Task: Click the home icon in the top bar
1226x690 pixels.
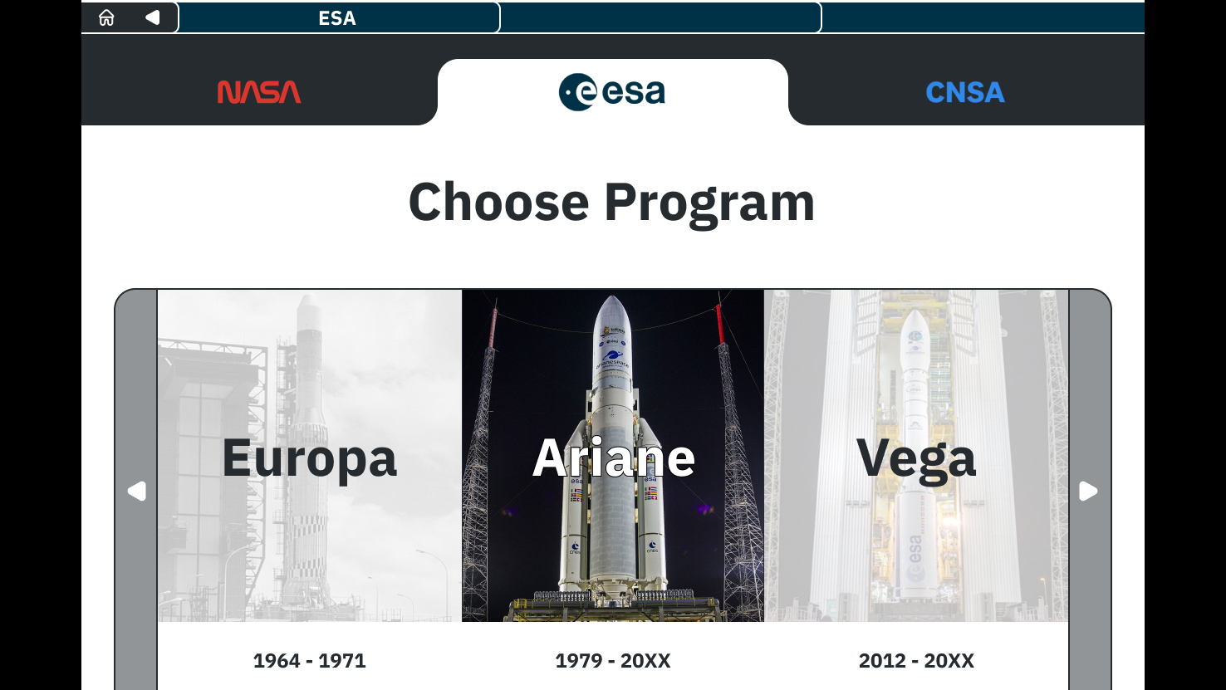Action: click(x=106, y=17)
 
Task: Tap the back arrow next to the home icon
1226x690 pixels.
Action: click(x=152, y=17)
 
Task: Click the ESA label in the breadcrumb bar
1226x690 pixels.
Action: click(x=337, y=18)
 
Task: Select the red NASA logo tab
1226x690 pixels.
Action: click(x=259, y=92)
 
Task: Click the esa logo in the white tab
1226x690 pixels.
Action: click(x=612, y=92)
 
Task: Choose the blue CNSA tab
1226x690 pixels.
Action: click(x=965, y=92)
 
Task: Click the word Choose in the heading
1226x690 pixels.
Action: click(x=498, y=202)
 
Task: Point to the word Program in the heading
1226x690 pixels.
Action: click(x=709, y=203)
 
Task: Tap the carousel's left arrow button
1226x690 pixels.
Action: click(x=137, y=491)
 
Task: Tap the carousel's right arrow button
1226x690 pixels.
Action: click(x=1088, y=491)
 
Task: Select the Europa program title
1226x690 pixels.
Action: click(x=309, y=458)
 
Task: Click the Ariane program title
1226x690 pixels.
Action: click(x=614, y=458)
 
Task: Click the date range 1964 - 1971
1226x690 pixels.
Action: click(x=309, y=660)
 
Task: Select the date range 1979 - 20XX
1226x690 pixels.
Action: click(x=613, y=660)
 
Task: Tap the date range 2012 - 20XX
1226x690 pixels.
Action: click(x=916, y=660)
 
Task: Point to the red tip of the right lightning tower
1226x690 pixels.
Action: click(x=719, y=324)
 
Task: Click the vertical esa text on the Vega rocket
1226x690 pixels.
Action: click(x=915, y=550)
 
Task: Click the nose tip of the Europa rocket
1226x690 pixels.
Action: click(x=308, y=296)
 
